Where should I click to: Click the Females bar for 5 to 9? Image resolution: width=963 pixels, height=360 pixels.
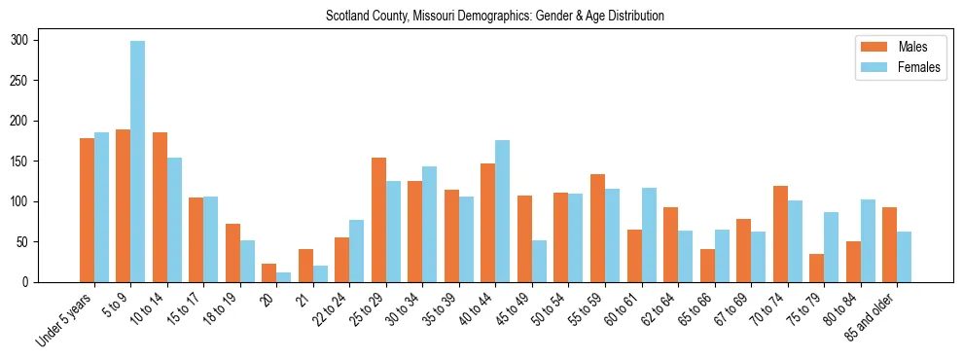pos(138,162)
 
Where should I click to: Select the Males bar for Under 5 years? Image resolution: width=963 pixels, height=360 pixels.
pos(87,210)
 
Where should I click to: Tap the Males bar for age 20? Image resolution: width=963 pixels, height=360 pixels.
pos(269,272)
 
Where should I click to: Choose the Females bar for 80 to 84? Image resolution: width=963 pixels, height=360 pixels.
pos(868,240)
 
